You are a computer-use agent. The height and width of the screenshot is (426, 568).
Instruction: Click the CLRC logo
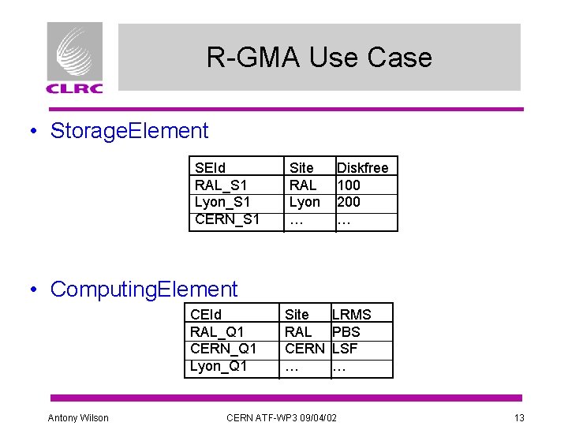click(x=75, y=58)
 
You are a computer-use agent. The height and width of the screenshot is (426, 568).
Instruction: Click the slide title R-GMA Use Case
click(x=319, y=58)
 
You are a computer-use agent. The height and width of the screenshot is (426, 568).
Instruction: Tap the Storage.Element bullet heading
click(x=129, y=131)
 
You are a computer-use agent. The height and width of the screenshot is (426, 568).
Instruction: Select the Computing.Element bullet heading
click(x=144, y=290)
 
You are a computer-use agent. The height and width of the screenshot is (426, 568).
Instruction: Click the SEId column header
click(x=210, y=167)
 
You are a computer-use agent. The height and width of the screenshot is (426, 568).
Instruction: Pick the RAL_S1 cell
click(x=220, y=185)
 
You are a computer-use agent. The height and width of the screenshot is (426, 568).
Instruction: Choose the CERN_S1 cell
click(x=227, y=219)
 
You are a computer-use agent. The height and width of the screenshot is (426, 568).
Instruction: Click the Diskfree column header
click(x=363, y=167)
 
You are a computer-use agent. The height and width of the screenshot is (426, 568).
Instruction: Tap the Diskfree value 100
click(x=349, y=185)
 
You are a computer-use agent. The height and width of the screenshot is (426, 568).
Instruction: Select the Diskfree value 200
click(x=349, y=202)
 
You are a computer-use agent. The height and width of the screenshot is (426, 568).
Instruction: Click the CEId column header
click(x=206, y=314)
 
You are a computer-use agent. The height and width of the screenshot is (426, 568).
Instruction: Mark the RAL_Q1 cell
click(x=218, y=331)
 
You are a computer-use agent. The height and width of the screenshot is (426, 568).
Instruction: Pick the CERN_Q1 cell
click(x=223, y=349)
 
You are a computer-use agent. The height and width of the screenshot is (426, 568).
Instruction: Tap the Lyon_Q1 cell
click(x=219, y=366)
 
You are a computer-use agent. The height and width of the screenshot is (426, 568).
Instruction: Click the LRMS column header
click(x=352, y=314)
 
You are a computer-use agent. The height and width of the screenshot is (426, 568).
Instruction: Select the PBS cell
click(x=346, y=331)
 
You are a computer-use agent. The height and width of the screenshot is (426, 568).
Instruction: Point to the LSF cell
click(x=346, y=349)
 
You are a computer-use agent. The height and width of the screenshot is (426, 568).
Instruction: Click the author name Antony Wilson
click(x=78, y=417)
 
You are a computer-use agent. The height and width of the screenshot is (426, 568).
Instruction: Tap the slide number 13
click(x=518, y=417)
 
